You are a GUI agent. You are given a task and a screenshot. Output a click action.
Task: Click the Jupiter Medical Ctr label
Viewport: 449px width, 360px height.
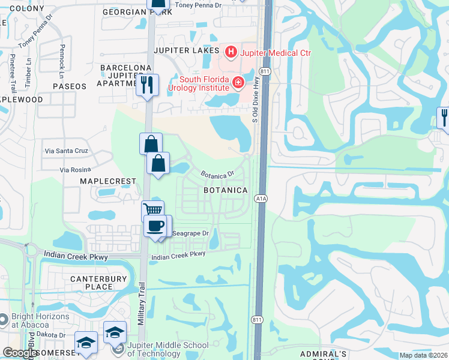click(x=275, y=53)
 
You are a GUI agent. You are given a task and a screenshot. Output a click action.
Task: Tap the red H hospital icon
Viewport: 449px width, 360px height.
click(x=231, y=53)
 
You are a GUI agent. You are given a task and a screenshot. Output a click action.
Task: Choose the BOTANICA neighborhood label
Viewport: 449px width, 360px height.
click(x=225, y=190)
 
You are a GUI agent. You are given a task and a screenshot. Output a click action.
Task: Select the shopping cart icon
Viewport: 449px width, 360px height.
click(x=153, y=211)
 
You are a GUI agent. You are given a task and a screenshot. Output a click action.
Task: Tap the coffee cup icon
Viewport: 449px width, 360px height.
click(x=155, y=226)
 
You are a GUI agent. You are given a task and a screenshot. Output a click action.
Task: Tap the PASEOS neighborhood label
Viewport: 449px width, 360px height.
click(x=70, y=86)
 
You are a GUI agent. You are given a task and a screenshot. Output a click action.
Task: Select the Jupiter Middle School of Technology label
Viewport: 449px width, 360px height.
click(x=169, y=349)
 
